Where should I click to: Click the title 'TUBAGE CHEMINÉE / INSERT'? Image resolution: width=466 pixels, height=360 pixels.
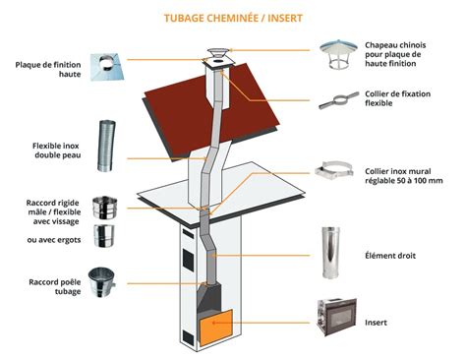click(233, 17)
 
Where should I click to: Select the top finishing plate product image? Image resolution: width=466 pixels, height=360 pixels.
click(103, 66)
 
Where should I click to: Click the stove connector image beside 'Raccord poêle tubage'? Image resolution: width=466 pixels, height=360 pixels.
click(103, 282)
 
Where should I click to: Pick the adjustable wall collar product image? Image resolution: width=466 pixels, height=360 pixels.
click(337, 175)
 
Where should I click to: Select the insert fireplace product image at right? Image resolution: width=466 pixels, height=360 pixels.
click(335, 321)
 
